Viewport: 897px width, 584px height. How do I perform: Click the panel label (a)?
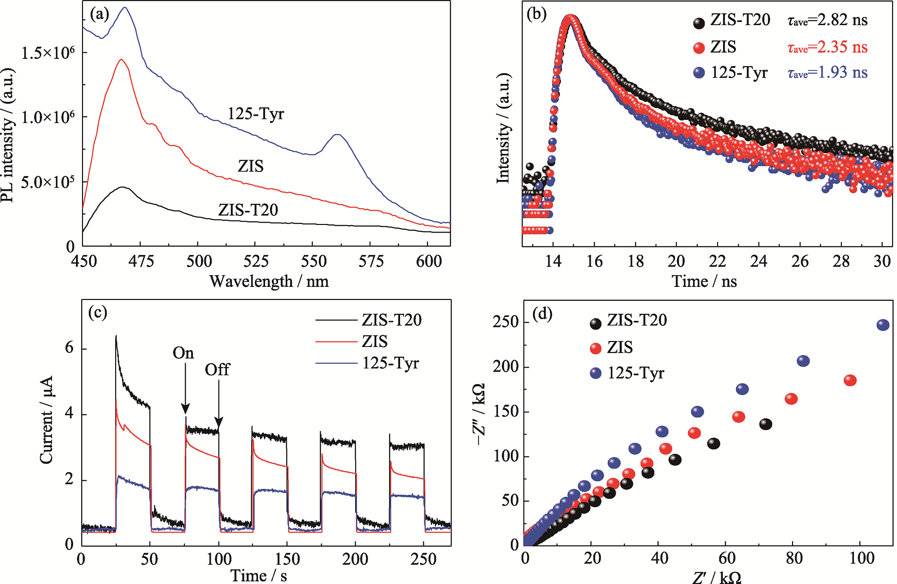[100, 14]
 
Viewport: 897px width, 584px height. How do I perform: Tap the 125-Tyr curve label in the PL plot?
[256, 114]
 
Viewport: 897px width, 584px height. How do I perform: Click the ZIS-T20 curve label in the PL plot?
[248, 210]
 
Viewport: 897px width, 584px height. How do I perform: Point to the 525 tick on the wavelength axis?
[255, 261]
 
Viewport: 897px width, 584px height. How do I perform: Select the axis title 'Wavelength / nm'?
[269, 281]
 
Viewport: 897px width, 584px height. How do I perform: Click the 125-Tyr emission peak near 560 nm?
[338, 134]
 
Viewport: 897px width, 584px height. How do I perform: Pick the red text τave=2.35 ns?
[827, 47]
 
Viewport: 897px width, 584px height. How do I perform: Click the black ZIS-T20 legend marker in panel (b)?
[699, 23]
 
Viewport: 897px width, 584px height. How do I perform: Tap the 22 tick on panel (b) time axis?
[717, 261]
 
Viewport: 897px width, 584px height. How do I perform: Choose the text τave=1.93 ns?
[827, 73]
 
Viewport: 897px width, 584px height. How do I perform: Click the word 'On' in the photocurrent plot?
[183, 353]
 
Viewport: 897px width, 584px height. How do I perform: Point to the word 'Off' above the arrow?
[217, 370]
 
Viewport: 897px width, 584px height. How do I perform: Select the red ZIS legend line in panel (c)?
[336, 342]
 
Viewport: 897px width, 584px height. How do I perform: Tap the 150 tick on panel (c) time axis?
[287, 559]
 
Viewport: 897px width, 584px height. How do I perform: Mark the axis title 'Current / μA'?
[47, 420]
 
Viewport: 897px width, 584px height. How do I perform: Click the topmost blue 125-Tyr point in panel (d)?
[883, 325]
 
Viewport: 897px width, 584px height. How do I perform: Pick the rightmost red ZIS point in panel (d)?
[850, 380]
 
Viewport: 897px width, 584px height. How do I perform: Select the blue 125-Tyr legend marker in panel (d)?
[596, 373]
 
